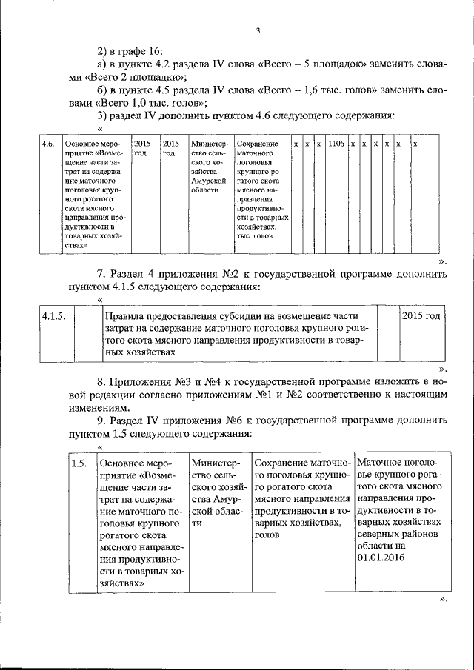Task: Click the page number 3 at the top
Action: click(x=258, y=30)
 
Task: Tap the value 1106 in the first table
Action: click(x=336, y=143)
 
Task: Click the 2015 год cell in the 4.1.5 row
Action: click(x=421, y=316)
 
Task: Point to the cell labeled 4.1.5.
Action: click(x=55, y=316)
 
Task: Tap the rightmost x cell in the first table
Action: click(x=415, y=143)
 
